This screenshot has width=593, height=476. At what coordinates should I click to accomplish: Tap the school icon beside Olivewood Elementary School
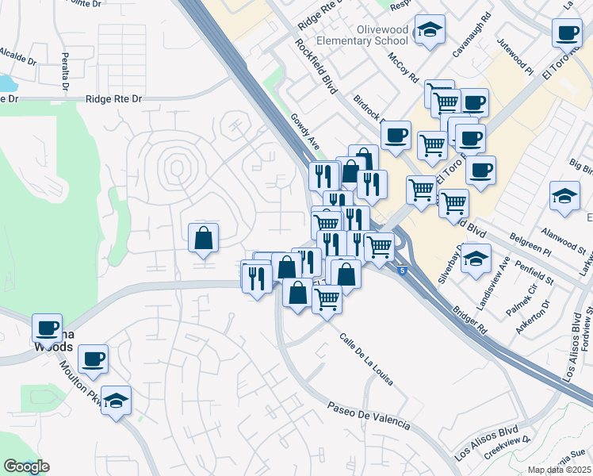click(430, 31)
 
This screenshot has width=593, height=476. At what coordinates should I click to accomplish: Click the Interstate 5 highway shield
click(403, 271)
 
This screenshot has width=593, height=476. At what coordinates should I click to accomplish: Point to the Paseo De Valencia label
click(369, 415)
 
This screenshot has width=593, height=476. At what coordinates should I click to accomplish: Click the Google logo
click(26, 466)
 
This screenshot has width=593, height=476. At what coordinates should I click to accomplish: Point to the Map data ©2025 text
click(560, 470)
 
